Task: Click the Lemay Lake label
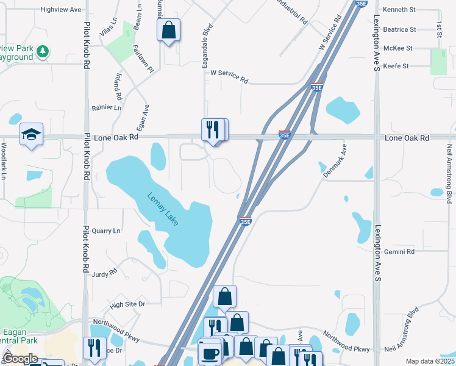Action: click(x=163, y=210)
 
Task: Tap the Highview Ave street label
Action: click(x=60, y=10)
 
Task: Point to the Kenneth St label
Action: click(x=399, y=10)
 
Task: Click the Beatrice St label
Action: click(x=399, y=29)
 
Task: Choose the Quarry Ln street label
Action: click(x=106, y=231)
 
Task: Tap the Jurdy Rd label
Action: click(x=104, y=274)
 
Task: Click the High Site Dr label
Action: click(x=127, y=304)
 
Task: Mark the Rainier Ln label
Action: click(x=107, y=107)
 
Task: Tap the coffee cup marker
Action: click(x=211, y=353)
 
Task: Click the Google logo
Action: click(x=20, y=359)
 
